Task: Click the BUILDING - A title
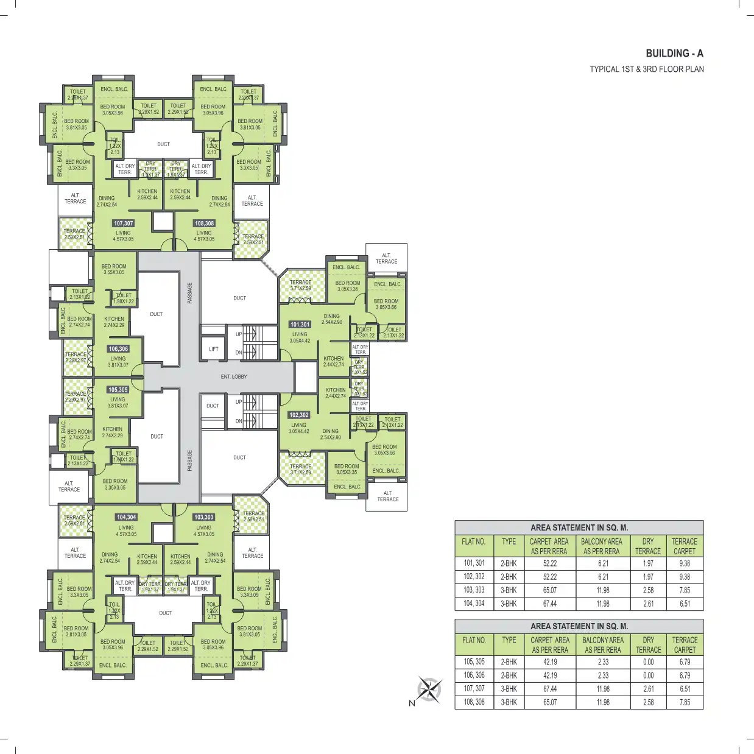(674, 54)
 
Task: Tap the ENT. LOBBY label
(234, 377)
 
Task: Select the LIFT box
(213, 349)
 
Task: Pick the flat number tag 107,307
(124, 224)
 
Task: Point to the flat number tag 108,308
(204, 224)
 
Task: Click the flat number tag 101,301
(300, 325)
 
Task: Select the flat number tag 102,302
(298, 415)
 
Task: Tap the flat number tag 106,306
(118, 349)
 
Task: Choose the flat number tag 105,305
(118, 390)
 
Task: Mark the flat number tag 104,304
(127, 517)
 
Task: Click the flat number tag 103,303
(204, 517)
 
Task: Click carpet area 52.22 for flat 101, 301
(549, 563)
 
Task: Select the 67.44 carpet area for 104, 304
(549, 604)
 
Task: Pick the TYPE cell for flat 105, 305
(509, 662)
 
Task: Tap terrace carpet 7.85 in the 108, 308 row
(685, 702)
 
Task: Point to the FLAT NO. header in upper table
(473, 541)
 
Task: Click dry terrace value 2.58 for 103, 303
(648, 590)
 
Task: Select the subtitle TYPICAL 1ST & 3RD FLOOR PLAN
(646, 69)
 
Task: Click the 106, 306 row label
(474, 675)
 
